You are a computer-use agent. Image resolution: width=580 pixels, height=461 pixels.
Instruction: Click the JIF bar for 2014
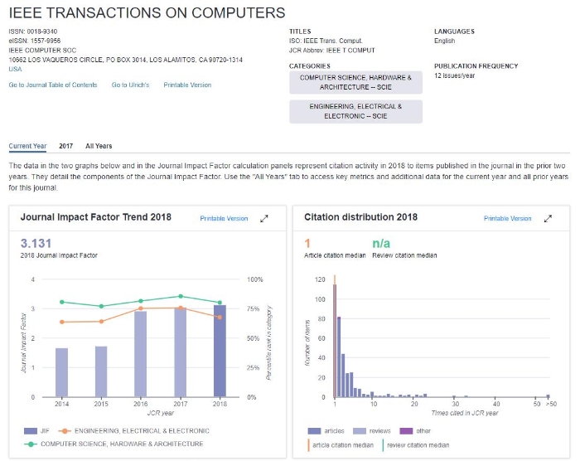coord(62,372)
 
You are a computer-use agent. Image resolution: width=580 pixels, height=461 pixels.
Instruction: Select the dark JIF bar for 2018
coord(220,351)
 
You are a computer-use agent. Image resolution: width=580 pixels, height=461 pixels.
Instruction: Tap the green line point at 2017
coord(181,296)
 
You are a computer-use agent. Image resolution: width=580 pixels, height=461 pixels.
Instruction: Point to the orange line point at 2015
coord(101,322)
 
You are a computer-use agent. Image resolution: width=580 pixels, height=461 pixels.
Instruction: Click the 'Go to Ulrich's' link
coord(131,85)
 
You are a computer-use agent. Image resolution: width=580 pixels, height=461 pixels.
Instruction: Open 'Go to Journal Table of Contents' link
coord(53,85)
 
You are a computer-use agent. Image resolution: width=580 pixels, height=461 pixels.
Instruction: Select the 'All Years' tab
coord(99,146)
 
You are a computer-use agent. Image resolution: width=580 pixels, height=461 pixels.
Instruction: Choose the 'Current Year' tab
coord(27,146)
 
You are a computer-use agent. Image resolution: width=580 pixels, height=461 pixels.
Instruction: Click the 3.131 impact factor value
coord(36,243)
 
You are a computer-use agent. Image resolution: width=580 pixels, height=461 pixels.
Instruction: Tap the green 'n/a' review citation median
coord(381,243)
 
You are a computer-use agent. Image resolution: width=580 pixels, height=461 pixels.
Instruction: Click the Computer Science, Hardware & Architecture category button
coord(355,82)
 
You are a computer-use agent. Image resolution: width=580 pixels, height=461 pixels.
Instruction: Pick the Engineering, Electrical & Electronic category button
coord(355,111)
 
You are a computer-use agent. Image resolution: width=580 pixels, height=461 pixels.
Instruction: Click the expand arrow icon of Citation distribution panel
coord(548,218)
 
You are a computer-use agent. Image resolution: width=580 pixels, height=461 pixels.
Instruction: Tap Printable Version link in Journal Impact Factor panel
coord(224,218)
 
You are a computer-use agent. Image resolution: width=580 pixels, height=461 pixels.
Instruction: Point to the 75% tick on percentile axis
coord(254,308)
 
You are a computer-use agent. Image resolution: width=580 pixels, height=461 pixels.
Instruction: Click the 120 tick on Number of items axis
coord(320,279)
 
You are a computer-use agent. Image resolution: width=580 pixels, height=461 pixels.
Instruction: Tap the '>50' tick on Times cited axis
coord(551,404)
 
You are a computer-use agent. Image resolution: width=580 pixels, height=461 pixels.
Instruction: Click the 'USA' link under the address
coord(15,70)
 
